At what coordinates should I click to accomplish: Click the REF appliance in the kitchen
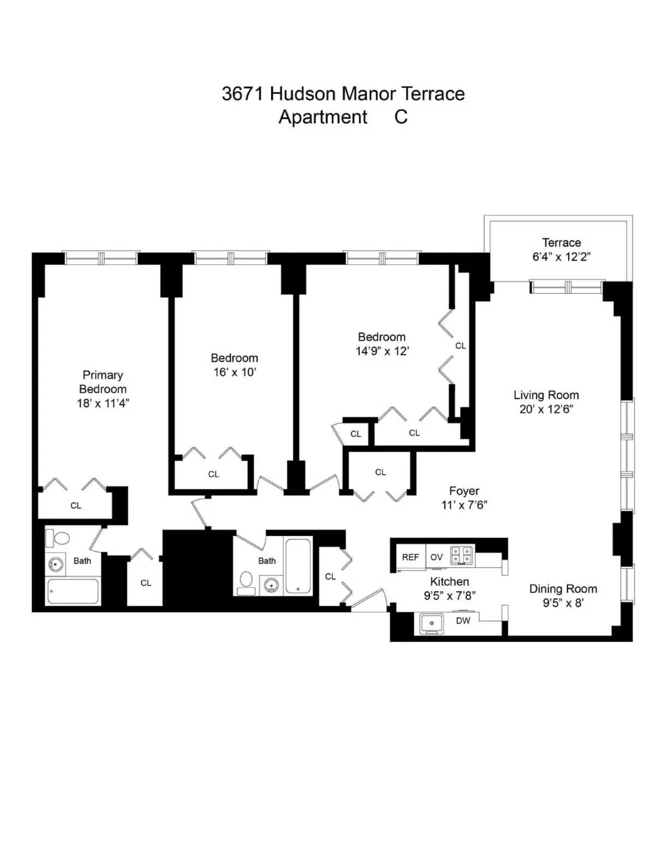(x=410, y=557)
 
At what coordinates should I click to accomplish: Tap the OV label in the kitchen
(x=437, y=557)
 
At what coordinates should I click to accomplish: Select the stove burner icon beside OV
(x=462, y=556)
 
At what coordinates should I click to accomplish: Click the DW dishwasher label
(x=463, y=621)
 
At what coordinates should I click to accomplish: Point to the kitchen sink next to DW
(x=431, y=623)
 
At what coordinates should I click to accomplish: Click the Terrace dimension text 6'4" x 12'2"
(x=561, y=257)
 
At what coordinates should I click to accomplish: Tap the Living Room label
(x=546, y=395)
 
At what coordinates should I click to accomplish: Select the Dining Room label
(x=563, y=589)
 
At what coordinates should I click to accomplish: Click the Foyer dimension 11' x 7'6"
(x=464, y=505)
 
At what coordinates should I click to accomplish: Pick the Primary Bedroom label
(x=103, y=382)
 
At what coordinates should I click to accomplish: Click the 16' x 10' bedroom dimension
(x=235, y=372)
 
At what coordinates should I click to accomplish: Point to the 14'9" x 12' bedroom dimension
(x=382, y=351)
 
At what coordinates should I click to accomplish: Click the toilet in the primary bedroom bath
(x=58, y=538)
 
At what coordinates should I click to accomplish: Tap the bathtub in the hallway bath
(x=298, y=566)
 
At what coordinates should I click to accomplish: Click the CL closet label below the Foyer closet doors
(x=380, y=472)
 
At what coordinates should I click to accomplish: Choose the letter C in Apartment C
(x=401, y=117)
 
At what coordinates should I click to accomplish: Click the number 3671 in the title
(x=242, y=94)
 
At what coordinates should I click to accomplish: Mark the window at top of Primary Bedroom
(x=101, y=258)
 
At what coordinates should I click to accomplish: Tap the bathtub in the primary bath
(x=73, y=591)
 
